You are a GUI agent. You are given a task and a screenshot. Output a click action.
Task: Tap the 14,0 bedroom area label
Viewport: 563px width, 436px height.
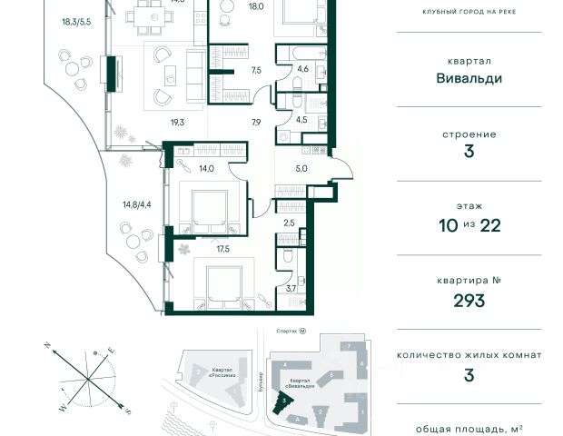point(207,168)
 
